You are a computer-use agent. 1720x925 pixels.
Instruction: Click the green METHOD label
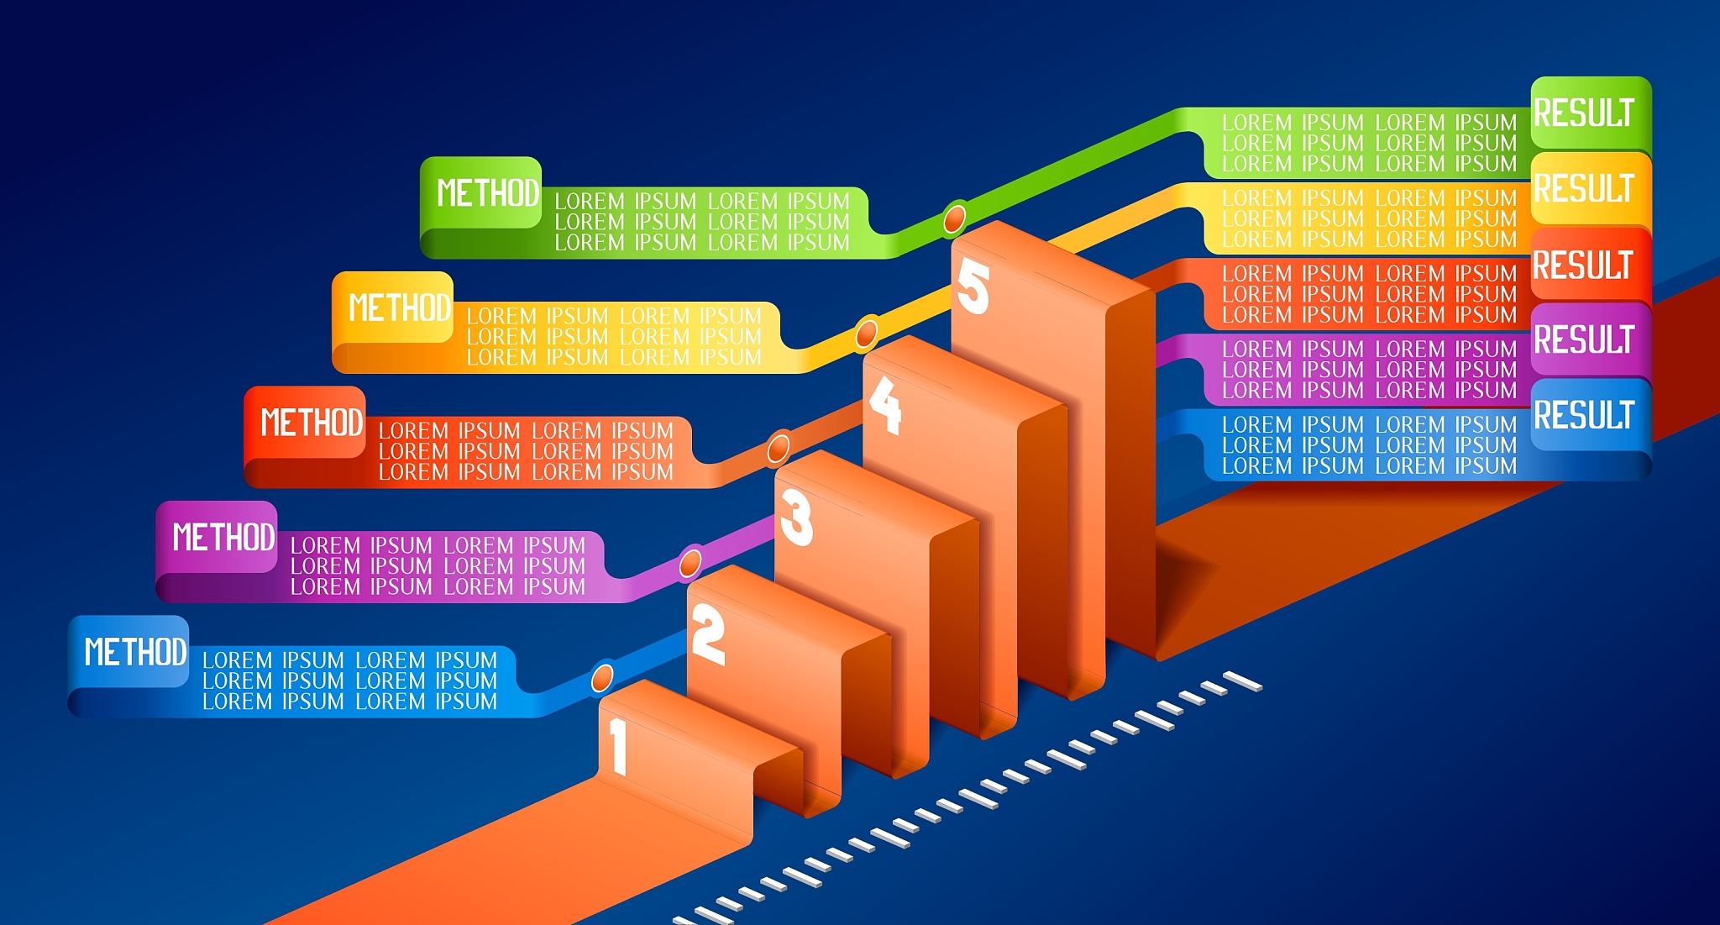point(487,192)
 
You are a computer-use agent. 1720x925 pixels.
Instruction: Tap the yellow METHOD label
point(399,307)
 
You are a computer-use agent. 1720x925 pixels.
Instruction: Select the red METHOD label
point(311,422)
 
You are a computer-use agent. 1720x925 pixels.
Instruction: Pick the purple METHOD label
point(223,537)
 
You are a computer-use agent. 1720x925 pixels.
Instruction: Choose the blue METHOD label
point(135,651)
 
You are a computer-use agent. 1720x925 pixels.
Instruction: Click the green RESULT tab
point(1584,113)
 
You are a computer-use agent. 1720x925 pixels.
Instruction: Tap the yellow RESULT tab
point(1584,188)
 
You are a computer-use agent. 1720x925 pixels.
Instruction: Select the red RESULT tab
point(1584,265)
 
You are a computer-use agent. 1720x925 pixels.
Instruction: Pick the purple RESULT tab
point(1584,339)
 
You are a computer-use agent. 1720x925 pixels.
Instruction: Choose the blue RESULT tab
point(1584,415)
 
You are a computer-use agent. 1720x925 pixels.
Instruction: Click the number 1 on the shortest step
point(619,746)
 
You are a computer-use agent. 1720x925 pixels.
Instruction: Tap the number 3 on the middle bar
point(796,518)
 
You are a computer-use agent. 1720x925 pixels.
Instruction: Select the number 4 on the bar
point(884,405)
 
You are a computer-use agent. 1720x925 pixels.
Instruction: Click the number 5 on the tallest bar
point(973,286)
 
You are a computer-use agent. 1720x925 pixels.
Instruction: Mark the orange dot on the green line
point(954,219)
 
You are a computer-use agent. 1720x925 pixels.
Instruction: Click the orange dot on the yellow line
point(866,334)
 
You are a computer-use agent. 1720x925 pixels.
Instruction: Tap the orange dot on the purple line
point(690,563)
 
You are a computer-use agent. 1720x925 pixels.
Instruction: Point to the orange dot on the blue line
point(602,677)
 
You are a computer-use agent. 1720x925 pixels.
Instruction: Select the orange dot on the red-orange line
point(779,449)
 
